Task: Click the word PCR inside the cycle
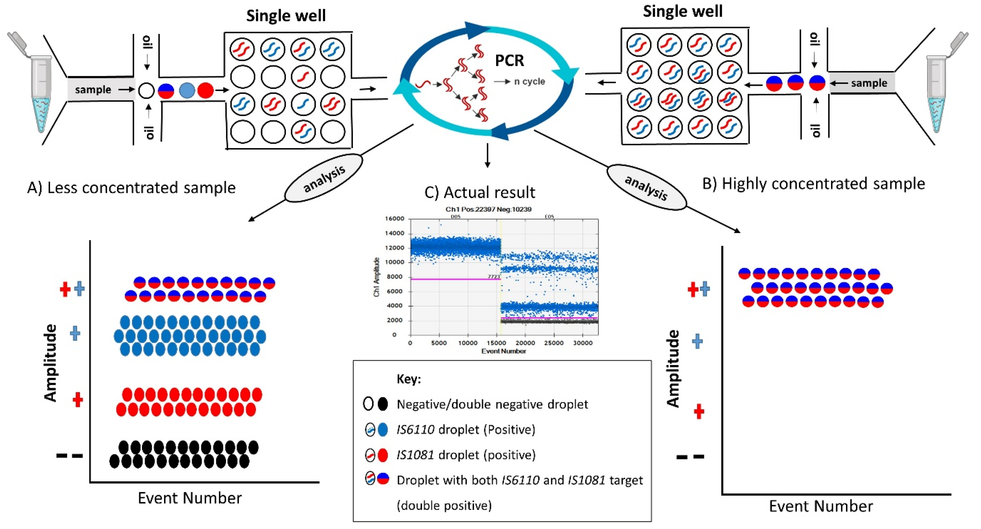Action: point(509,61)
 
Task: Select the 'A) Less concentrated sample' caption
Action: point(131,188)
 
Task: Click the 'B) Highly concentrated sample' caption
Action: point(813,184)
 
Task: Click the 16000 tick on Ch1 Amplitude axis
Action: point(394,219)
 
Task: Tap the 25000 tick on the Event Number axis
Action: point(553,343)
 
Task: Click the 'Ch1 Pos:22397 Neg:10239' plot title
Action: point(488,209)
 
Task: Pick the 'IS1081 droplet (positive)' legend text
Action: point(466,455)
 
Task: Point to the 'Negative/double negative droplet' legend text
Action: point(492,404)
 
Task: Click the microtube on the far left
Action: point(38,88)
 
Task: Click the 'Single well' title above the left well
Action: point(286,16)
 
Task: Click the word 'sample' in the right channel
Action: point(869,83)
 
